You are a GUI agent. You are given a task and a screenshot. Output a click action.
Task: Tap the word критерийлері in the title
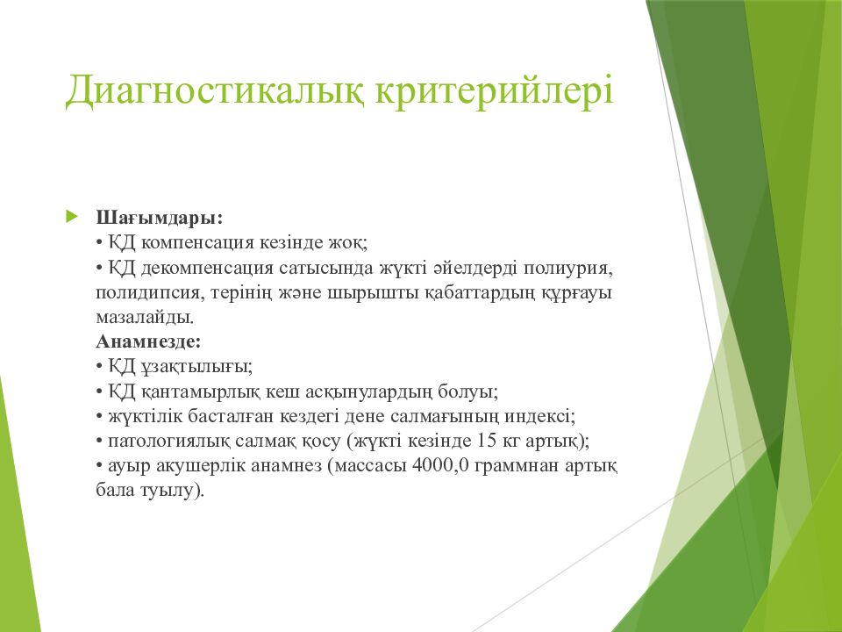[494, 90]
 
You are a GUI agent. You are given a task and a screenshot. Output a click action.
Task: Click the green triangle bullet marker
[71, 217]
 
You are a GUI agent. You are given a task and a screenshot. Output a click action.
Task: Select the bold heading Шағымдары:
[160, 219]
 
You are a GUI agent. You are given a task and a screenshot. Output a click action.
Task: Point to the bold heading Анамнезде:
[149, 341]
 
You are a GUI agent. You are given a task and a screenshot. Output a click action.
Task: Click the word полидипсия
[150, 293]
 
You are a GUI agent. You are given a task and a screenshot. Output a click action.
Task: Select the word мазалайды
[145, 318]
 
